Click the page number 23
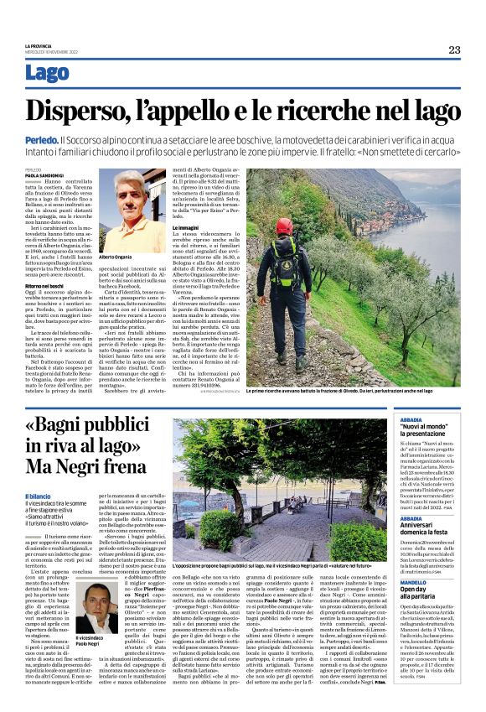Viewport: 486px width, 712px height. point(454,49)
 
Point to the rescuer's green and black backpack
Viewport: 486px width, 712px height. point(285,265)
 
